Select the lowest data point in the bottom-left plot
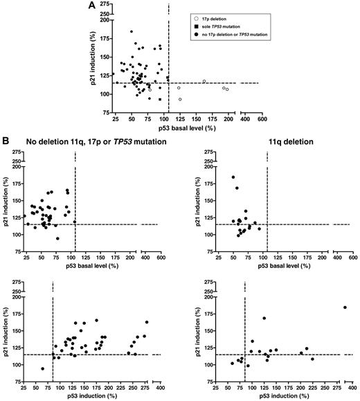(42, 368)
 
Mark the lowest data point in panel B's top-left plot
(57, 238)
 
